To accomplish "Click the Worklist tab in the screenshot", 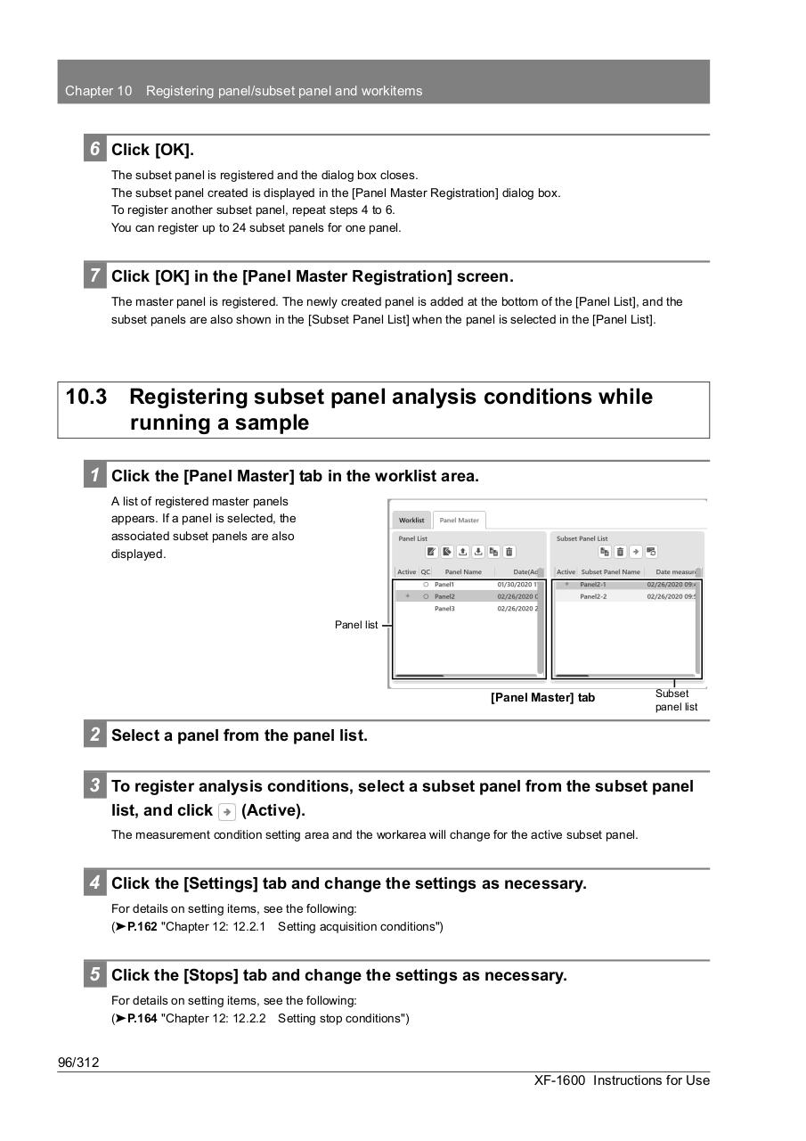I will click(411, 520).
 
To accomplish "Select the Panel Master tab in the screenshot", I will click(460, 520).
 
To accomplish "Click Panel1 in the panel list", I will click(444, 585).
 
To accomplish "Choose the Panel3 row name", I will click(444, 609).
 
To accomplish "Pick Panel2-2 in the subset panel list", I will click(593, 596).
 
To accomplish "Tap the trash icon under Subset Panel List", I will click(620, 552).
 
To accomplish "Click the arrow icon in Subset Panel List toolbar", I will click(636, 552).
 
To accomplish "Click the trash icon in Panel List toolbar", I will click(509, 552).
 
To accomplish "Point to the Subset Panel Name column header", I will click(610, 571).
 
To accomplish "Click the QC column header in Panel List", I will click(426, 571).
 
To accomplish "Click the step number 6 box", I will click(94, 149).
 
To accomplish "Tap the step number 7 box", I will click(94, 275).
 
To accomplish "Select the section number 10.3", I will click(86, 397).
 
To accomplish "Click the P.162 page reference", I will click(142, 926).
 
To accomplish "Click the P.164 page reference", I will click(142, 1018).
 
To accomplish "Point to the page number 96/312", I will click(78, 1062).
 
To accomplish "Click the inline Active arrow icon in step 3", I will click(226, 811).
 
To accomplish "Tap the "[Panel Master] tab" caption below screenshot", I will click(542, 697).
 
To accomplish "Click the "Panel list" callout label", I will click(356, 625).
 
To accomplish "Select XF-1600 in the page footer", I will click(559, 1080).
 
